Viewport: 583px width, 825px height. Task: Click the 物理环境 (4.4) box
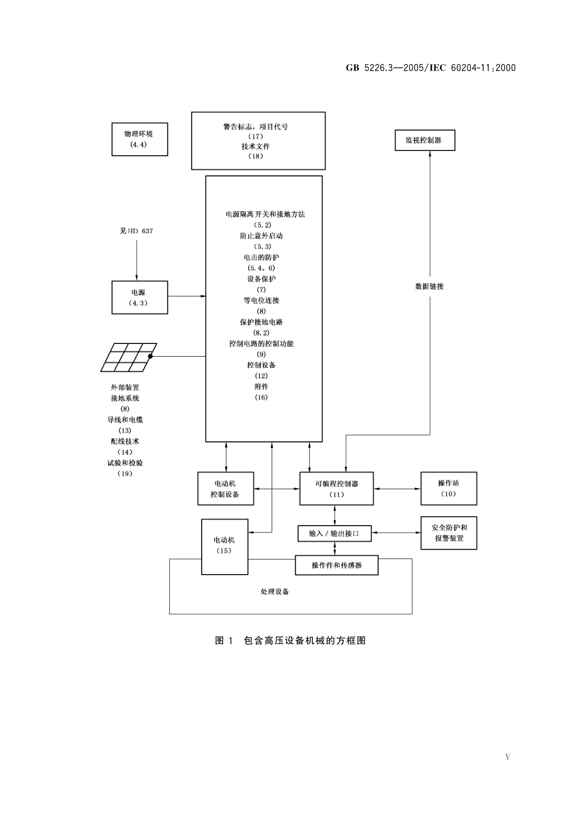[x=140, y=139]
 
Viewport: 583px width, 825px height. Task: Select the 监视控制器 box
[x=425, y=140]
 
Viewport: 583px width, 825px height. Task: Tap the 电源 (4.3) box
[x=140, y=297]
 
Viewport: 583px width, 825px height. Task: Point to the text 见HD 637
[x=136, y=231]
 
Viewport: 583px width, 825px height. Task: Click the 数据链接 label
[x=429, y=287]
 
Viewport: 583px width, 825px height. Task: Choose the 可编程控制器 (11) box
[x=336, y=488]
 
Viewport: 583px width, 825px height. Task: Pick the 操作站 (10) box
[x=448, y=488]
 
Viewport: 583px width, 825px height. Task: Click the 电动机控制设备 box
[x=225, y=488]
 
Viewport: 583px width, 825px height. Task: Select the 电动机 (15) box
[x=225, y=546]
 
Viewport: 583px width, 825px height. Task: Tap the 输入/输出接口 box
[x=334, y=534]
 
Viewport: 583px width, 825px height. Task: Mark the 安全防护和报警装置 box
[x=448, y=533]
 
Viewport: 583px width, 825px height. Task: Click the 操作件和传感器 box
[x=336, y=565]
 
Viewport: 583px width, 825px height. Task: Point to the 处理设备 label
[x=275, y=592]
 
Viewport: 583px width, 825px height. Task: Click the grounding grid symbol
[x=129, y=357]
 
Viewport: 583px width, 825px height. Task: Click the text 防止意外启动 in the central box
[x=261, y=236]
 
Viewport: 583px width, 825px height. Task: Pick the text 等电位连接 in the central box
[x=261, y=300]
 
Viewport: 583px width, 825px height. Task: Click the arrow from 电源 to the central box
[x=187, y=296]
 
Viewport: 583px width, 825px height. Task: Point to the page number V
[x=508, y=757]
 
